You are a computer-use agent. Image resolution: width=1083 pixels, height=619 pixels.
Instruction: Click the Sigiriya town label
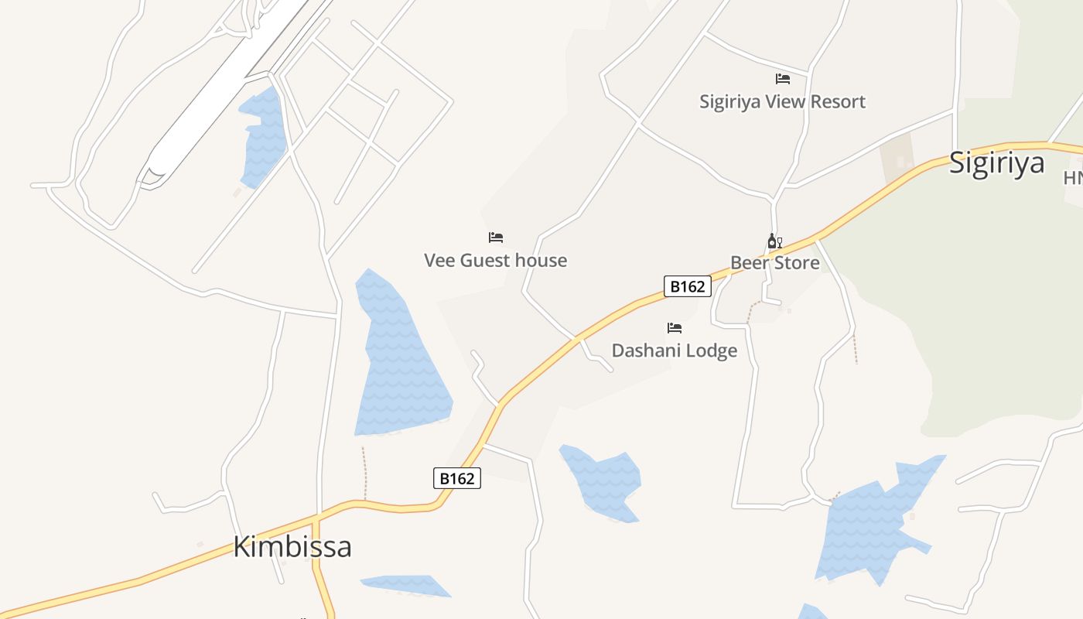[x=996, y=163]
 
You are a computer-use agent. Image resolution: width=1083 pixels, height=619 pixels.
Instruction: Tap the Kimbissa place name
[x=292, y=547]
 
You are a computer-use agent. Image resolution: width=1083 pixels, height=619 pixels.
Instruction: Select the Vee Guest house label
[x=495, y=261]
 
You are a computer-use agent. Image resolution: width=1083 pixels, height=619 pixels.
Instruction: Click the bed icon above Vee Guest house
[x=496, y=238]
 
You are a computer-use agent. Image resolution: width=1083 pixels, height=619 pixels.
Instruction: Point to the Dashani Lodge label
[x=674, y=351]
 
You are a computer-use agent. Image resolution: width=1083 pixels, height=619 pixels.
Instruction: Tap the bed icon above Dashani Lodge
[x=675, y=328]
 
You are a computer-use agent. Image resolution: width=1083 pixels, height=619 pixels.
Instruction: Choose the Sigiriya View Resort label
[x=782, y=101]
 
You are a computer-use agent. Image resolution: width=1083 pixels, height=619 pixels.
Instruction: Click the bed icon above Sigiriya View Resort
[x=783, y=79]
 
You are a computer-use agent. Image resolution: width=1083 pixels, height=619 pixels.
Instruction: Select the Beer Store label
[x=774, y=263]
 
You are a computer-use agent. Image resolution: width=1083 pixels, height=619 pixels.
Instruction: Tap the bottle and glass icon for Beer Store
[x=774, y=241]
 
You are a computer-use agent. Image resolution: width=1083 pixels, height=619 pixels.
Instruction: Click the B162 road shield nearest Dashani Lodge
[x=687, y=286]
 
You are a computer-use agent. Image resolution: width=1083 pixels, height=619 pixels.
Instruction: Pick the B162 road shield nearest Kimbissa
[x=456, y=478]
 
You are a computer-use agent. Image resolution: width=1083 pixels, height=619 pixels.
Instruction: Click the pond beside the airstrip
[x=264, y=135]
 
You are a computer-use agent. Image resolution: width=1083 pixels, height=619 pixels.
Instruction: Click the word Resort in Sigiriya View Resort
[x=835, y=101]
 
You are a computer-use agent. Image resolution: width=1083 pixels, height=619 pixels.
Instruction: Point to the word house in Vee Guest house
[x=541, y=261]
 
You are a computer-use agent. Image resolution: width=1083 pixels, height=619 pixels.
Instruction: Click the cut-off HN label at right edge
[x=1073, y=178]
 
